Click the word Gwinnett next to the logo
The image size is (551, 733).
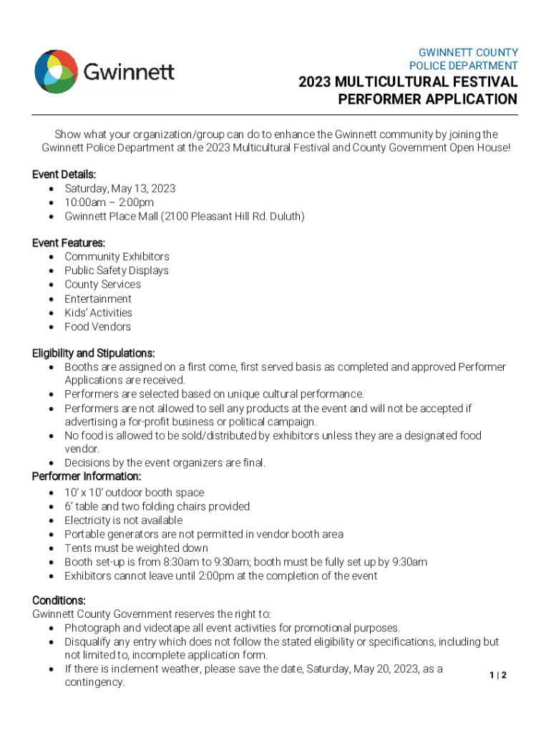129,72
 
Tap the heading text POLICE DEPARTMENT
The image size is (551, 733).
463,66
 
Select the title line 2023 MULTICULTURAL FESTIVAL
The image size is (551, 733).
407,82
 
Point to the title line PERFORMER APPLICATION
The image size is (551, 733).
426,99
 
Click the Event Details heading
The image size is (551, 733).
64,175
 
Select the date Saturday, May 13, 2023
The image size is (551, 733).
120,188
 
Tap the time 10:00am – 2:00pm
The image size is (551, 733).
109,203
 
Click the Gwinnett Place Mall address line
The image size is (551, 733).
184,216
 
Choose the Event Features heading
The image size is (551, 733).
69,243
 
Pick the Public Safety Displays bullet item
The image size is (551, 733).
117,271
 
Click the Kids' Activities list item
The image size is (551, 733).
98,313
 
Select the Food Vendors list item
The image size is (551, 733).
97,326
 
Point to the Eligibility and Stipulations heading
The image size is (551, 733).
93,353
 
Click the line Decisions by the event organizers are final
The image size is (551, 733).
165,462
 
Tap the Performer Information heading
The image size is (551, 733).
87,476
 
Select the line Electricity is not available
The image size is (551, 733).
123,520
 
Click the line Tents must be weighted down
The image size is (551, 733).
136,548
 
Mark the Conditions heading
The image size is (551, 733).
59,600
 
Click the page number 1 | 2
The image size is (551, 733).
498,675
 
